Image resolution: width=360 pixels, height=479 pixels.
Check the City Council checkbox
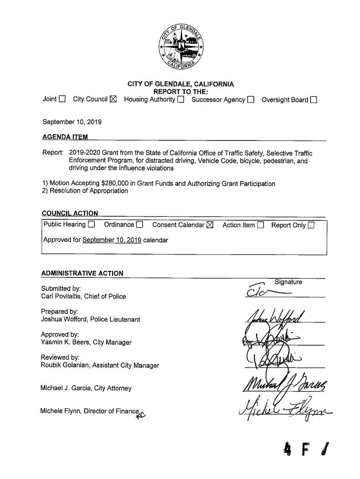click(x=114, y=100)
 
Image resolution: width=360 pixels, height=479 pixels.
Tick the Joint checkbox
click(x=63, y=100)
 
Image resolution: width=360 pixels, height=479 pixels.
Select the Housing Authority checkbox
click(x=180, y=100)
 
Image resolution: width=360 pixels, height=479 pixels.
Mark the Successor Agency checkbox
click(x=251, y=100)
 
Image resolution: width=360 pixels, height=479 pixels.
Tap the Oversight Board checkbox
click(x=313, y=100)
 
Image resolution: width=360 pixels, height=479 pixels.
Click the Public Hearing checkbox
click(x=92, y=225)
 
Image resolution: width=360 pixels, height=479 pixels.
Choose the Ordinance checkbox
click(x=139, y=225)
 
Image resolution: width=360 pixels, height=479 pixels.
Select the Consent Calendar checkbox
click(x=209, y=225)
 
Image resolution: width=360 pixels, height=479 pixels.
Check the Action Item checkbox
click(x=260, y=225)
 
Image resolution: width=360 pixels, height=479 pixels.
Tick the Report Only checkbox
click(x=311, y=225)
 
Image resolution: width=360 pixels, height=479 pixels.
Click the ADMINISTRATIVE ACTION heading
click(x=82, y=274)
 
